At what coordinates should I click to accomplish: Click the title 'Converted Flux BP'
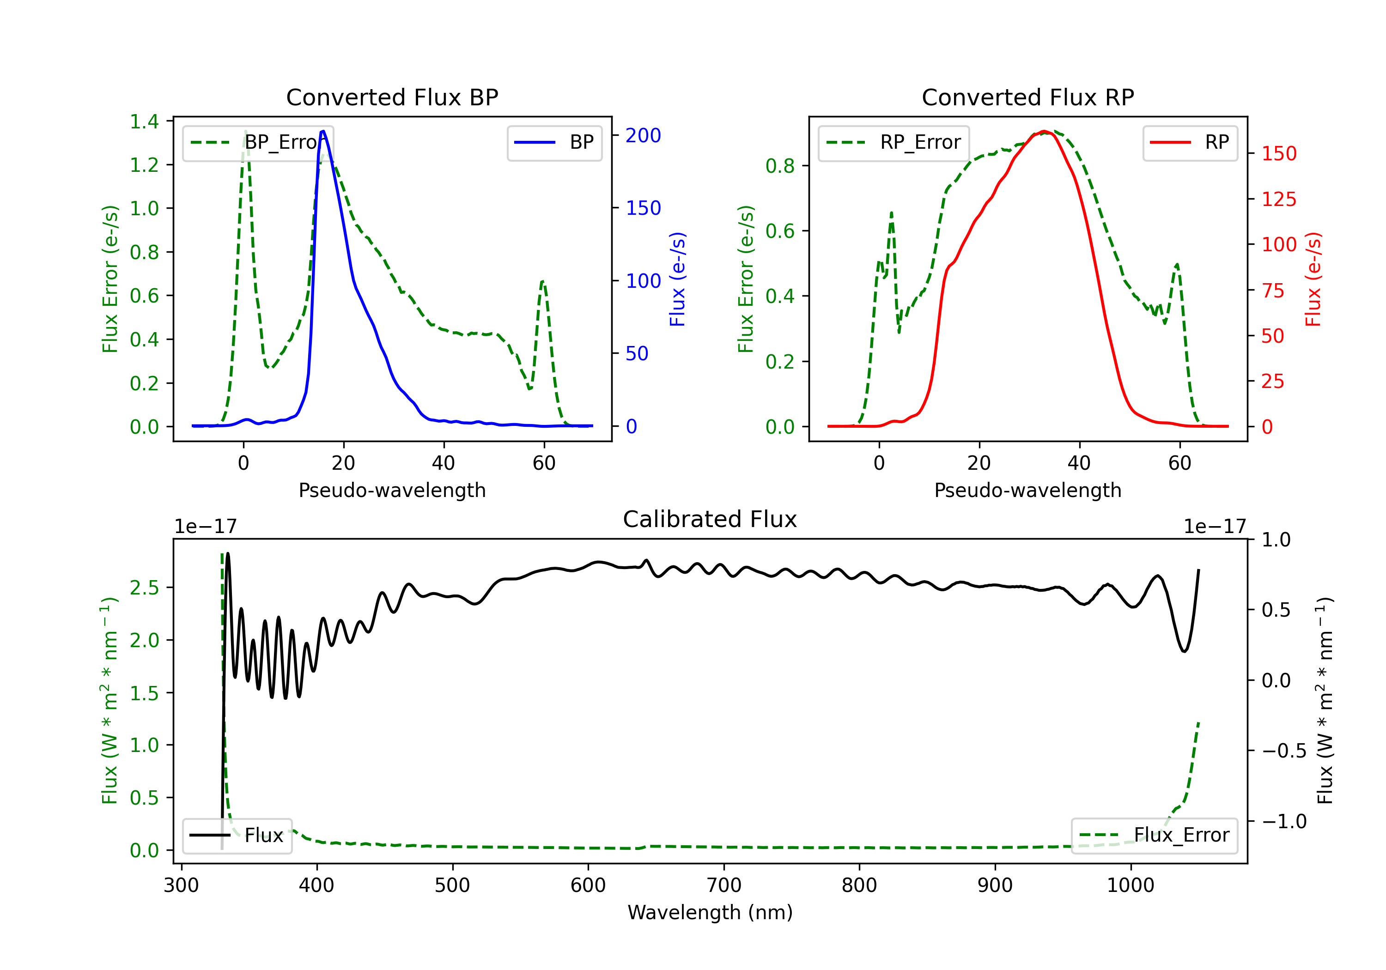(x=392, y=97)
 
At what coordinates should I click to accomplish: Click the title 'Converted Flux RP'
(x=1027, y=97)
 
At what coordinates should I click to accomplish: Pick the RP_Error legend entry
(x=894, y=142)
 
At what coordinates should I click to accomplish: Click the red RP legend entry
(x=1189, y=142)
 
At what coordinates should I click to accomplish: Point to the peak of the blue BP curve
(x=323, y=131)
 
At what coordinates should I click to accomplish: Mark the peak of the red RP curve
(x=1044, y=131)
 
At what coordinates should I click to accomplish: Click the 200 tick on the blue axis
(x=643, y=135)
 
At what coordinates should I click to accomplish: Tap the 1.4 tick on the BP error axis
(x=144, y=121)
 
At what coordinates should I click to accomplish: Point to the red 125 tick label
(x=1278, y=199)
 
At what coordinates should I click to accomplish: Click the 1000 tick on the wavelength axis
(x=1130, y=885)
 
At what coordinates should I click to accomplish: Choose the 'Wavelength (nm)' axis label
(x=710, y=912)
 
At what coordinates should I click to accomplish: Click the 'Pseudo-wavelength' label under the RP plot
(x=1027, y=490)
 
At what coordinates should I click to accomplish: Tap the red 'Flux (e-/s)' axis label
(x=1313, y=279)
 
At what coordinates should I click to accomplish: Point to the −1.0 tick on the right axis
(x=1283, y=822)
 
